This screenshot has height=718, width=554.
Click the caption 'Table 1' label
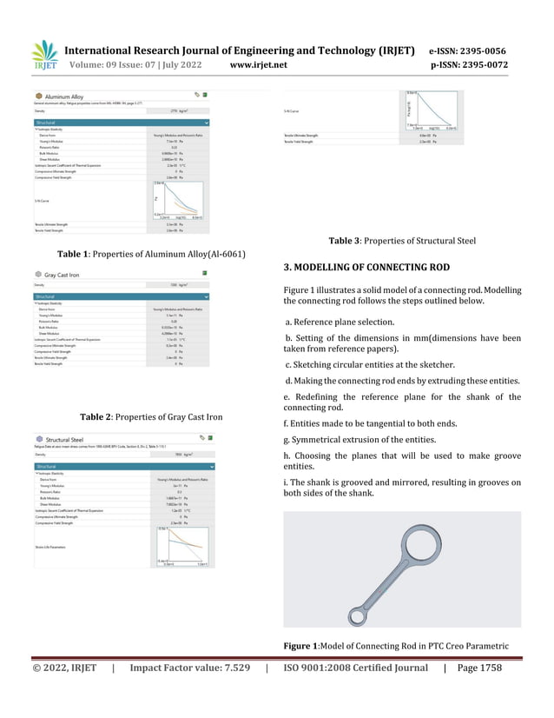pyautogui.click(x=75, y=254)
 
